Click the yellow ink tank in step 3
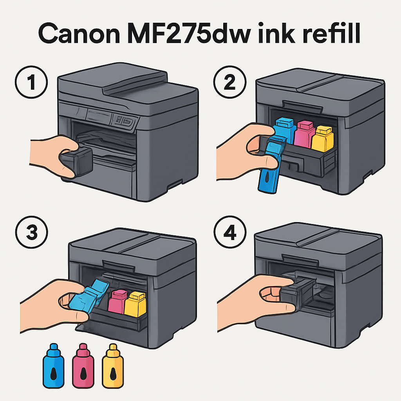(135, 303)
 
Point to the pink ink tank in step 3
(117, 302)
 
